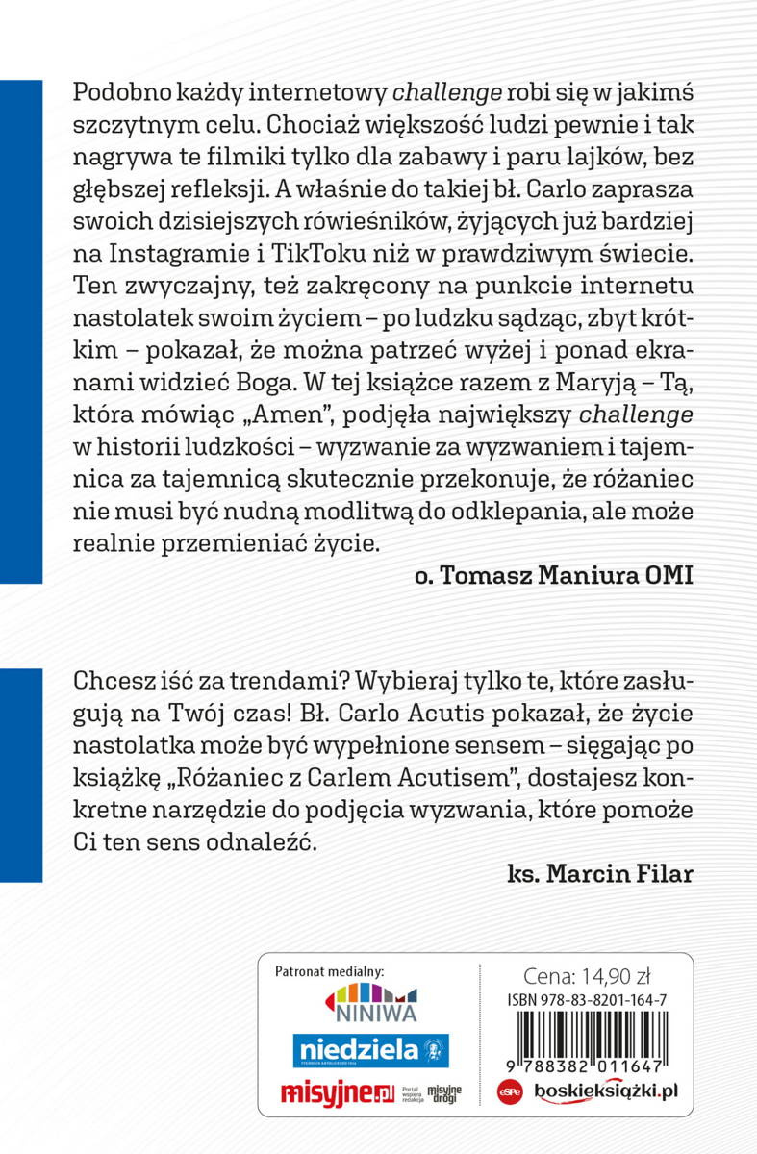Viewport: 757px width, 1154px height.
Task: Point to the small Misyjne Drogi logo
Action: (x=444, y=1093)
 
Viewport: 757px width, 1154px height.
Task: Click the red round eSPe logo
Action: (x=510, y=1092)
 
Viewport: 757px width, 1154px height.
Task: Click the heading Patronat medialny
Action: (x=329, y=971)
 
